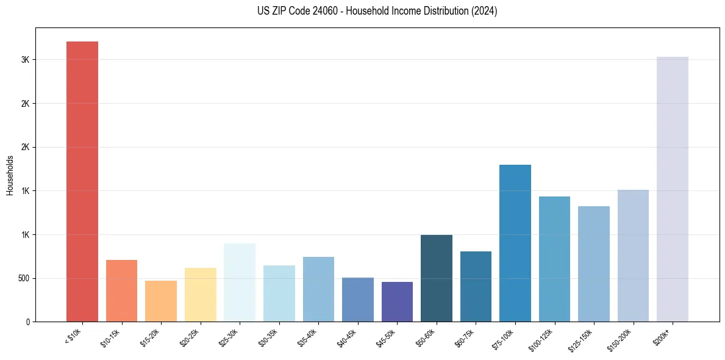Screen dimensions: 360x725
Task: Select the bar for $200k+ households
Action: coord(672,189)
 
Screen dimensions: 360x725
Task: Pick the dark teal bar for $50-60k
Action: coord(436,278)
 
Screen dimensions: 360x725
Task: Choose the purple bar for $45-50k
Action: coord(397,301)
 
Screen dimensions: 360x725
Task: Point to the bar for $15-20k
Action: coord(161,301)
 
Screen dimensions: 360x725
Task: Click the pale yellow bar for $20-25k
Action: coord(200,294)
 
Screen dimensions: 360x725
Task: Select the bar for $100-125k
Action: coord(554,259)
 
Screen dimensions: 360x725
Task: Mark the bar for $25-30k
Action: coord(240,283)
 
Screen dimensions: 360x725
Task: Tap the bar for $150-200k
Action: coord(633,256)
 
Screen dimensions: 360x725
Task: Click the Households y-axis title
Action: coord(10,175)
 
